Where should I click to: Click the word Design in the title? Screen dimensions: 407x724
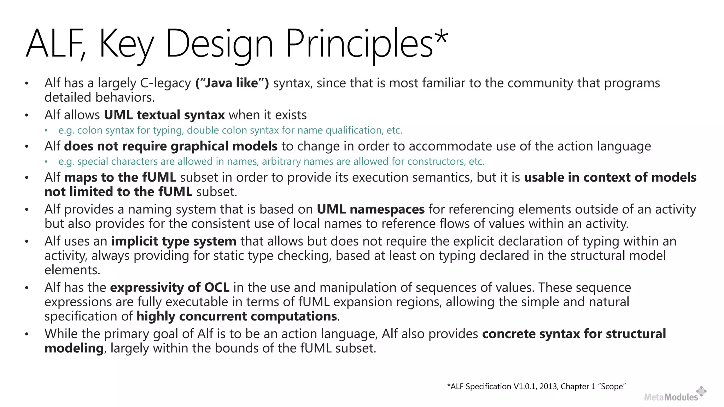pyautogui.click(x=219, y=44)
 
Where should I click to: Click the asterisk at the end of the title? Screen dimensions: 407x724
pyautogui.click(x=441, y=39)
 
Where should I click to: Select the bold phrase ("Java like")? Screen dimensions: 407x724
pyautogui.click(x=232, y=83)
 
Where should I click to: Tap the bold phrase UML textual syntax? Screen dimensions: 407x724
pyautogui.click(x=164, y=115)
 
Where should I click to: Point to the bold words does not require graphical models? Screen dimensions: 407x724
pyautogui.click(x=171, y=146)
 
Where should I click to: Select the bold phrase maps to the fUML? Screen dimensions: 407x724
pyautogui.click(x=120, y=177)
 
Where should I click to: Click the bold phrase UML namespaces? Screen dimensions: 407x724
pyautogui.click(x=370, y=210)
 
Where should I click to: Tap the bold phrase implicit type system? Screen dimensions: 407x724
pyautogui.click(x=174, y=241)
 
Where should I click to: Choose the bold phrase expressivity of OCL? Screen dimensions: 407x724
pyautogui.click(x=170, y=288)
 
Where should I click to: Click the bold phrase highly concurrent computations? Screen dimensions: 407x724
pyautogui.click(x=237, y=316)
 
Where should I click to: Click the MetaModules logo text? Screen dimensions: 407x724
pyautogui.click(x=671, y=397)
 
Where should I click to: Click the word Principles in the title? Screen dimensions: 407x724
pyautogui.click(x=359, y=44)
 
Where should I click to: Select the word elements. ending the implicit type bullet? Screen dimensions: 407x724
pyautogui.click(x=72, y=270)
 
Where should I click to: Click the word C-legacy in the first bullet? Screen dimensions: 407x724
pyautogui.click(x=165, y=83)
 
